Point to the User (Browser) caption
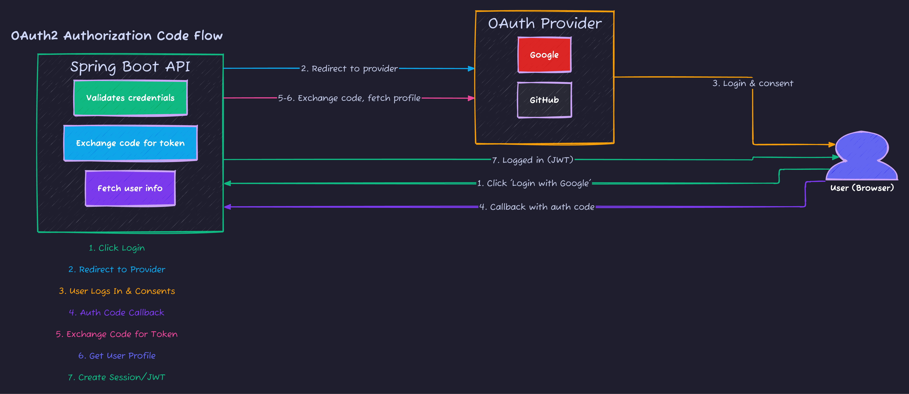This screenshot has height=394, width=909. click(862, 188)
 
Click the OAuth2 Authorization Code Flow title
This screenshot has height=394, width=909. click(117, 36)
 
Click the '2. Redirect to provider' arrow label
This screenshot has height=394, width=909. click(349, 69)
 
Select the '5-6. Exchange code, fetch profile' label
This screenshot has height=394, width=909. click(349, 98)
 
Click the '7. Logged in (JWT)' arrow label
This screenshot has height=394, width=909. click(532, 160)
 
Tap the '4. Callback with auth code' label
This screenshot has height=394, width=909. click(536, 207)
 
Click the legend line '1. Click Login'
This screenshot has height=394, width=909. click(117, 248)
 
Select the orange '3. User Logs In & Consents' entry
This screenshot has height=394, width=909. click(117, 291)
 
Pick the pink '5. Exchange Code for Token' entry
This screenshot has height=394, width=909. click(117, 334)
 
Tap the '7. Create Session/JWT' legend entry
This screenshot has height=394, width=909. click(117, 377)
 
